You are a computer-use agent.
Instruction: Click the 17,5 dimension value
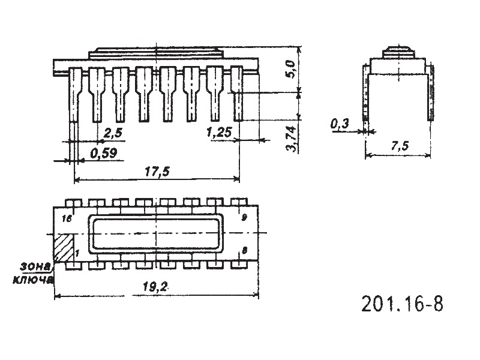pyautogui.click(x=157, y=172)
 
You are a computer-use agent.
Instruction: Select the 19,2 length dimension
pyautogui.click(x=155, y=287)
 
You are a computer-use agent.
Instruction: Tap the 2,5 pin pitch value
pyautogui.click(x=113, y=133)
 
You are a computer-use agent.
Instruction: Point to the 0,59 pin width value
pyautogui.click(x=103, y=154)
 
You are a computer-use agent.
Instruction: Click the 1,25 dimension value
pyautogui.click(x=219, y=133)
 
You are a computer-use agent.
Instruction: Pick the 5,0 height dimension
pyautogui.click(x=290, y=69)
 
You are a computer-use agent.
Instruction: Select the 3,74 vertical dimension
pyautogui.click(x=291, y=139)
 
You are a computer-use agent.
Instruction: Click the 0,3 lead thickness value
pyautogui.click(x=340, y=124)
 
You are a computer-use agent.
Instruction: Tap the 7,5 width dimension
pyautogui.click(x=400, y=146)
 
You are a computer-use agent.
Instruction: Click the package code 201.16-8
pyautogui.click(x=402, y=304)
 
